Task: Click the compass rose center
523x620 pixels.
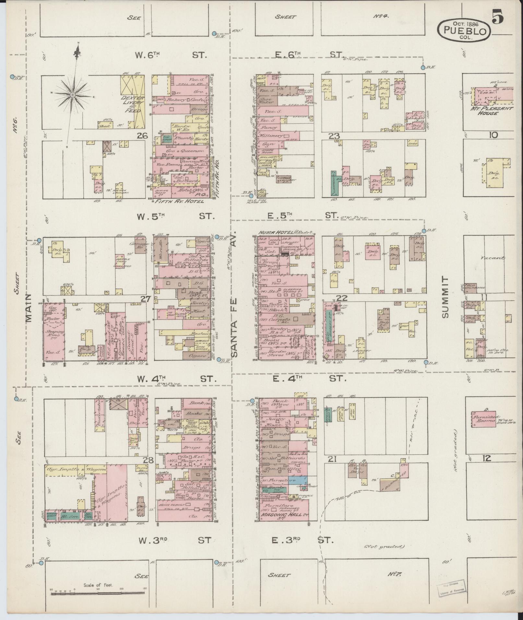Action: pyautogui.click(x=73, y=94)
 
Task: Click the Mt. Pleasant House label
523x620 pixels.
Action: pyautogui.click(x=491, y=111)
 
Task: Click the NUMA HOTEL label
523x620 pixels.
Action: pyautogui.click(x=276, y=232)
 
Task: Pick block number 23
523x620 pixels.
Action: pyautogui.click(x=333, y=136)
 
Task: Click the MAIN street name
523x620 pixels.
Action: pyautogui.click(x=29, y=308)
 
